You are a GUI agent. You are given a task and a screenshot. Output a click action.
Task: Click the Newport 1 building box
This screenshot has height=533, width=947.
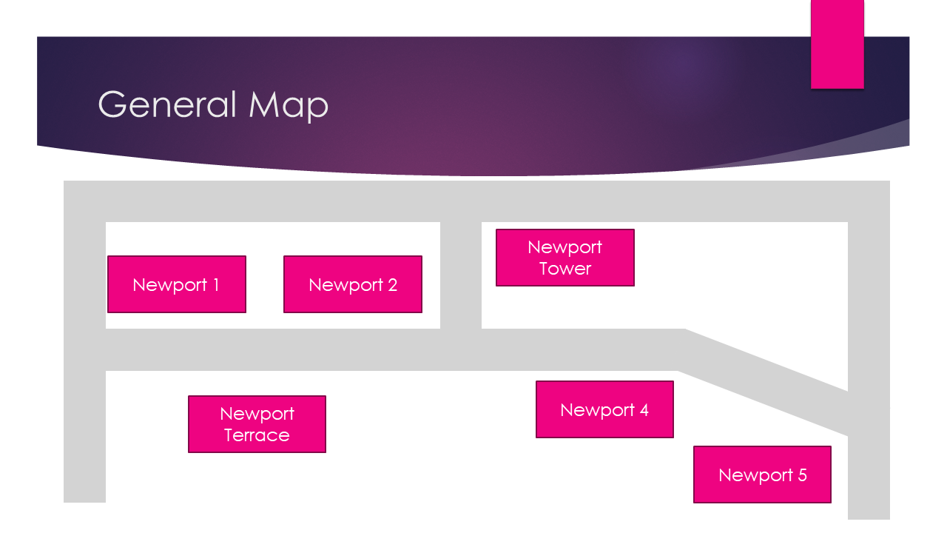pos(176,284)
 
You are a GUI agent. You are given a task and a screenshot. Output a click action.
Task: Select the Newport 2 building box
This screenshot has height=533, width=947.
pos(352,284)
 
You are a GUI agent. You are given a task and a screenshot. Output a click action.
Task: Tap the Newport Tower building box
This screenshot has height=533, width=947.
pos(565,258)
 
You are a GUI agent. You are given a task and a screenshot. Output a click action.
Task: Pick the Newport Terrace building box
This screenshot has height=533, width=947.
pos(257,424)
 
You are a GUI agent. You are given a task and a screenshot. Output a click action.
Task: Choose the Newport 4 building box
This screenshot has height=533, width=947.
pos(604,409)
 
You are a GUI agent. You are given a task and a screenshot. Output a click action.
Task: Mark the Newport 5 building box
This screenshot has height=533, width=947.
pos(762,475)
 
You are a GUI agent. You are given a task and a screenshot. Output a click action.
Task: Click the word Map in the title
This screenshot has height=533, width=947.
pos(289,106)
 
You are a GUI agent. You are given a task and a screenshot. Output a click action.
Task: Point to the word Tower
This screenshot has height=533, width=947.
pos(565,269)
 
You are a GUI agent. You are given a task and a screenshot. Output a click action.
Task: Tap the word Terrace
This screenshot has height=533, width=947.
pos(257,435)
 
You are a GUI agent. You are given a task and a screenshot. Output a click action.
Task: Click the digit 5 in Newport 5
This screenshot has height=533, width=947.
pos(802,475)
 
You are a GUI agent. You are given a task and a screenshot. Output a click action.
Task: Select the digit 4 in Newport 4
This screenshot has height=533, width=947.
pos(644,409)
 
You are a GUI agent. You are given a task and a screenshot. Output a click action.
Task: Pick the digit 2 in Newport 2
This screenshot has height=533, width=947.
pos(391,285)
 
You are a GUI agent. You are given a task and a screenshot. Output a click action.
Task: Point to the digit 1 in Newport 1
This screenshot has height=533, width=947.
pos(215,285)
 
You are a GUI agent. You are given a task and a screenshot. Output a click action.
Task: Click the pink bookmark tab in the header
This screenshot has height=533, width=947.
pos(837,44)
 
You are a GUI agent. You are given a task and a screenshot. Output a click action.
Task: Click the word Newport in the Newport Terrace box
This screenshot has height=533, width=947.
pos(257,414)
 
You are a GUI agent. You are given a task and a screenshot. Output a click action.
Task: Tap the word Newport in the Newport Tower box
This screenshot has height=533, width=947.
pos(565,247)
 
